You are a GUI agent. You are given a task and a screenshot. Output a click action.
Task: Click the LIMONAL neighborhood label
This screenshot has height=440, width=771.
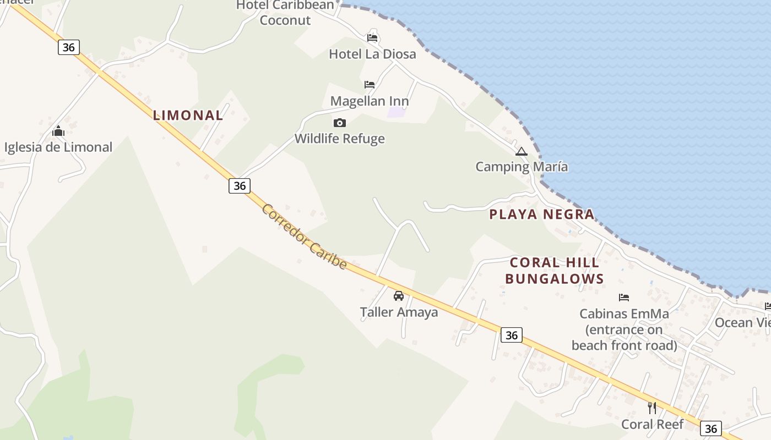click(188, 116)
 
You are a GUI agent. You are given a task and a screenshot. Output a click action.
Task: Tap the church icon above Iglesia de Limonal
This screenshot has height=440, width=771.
click(58, 131)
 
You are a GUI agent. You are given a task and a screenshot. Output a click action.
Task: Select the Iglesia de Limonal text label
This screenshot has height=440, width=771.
click(58, 147)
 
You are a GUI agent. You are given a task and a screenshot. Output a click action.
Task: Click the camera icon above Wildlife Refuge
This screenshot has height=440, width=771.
click(340, 123)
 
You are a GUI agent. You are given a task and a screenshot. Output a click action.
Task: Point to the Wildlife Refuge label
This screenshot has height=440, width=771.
click(340, 139)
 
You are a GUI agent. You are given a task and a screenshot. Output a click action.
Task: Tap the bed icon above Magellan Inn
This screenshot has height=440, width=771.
click(370, 85)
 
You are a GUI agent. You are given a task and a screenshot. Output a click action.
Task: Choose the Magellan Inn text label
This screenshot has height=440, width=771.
click(370, 101)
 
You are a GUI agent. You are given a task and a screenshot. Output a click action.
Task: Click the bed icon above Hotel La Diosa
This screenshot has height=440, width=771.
click(372, 38)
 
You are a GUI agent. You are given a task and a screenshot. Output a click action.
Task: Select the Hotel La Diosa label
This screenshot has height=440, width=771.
click(372, 54)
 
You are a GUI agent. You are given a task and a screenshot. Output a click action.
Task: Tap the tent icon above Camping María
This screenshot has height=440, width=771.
click(522, 151)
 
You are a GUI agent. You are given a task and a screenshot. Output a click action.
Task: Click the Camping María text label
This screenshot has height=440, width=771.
click(522, 167)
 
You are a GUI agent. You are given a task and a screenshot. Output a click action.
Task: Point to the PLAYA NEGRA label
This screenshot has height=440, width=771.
click(542, 215)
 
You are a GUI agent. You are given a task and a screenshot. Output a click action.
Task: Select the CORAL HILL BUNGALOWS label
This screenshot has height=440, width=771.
click(555, 271)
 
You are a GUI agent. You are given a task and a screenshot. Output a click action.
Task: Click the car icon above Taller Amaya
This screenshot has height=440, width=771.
click(399, 296)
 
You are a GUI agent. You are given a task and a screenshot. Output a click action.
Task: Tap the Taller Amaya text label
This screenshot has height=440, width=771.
click(399, 312)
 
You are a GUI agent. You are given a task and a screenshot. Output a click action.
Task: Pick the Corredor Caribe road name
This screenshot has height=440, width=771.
click(305, 237)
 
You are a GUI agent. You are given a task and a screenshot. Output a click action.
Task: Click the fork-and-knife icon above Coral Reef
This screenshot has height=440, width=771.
click(652, 408)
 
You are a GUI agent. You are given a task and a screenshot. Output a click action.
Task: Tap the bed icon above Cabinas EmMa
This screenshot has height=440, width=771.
click(624, 298)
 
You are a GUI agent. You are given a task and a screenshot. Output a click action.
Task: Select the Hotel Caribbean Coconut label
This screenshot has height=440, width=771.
click(285, 13)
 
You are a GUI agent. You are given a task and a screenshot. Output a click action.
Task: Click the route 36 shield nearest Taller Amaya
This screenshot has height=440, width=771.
click(512, 335)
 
